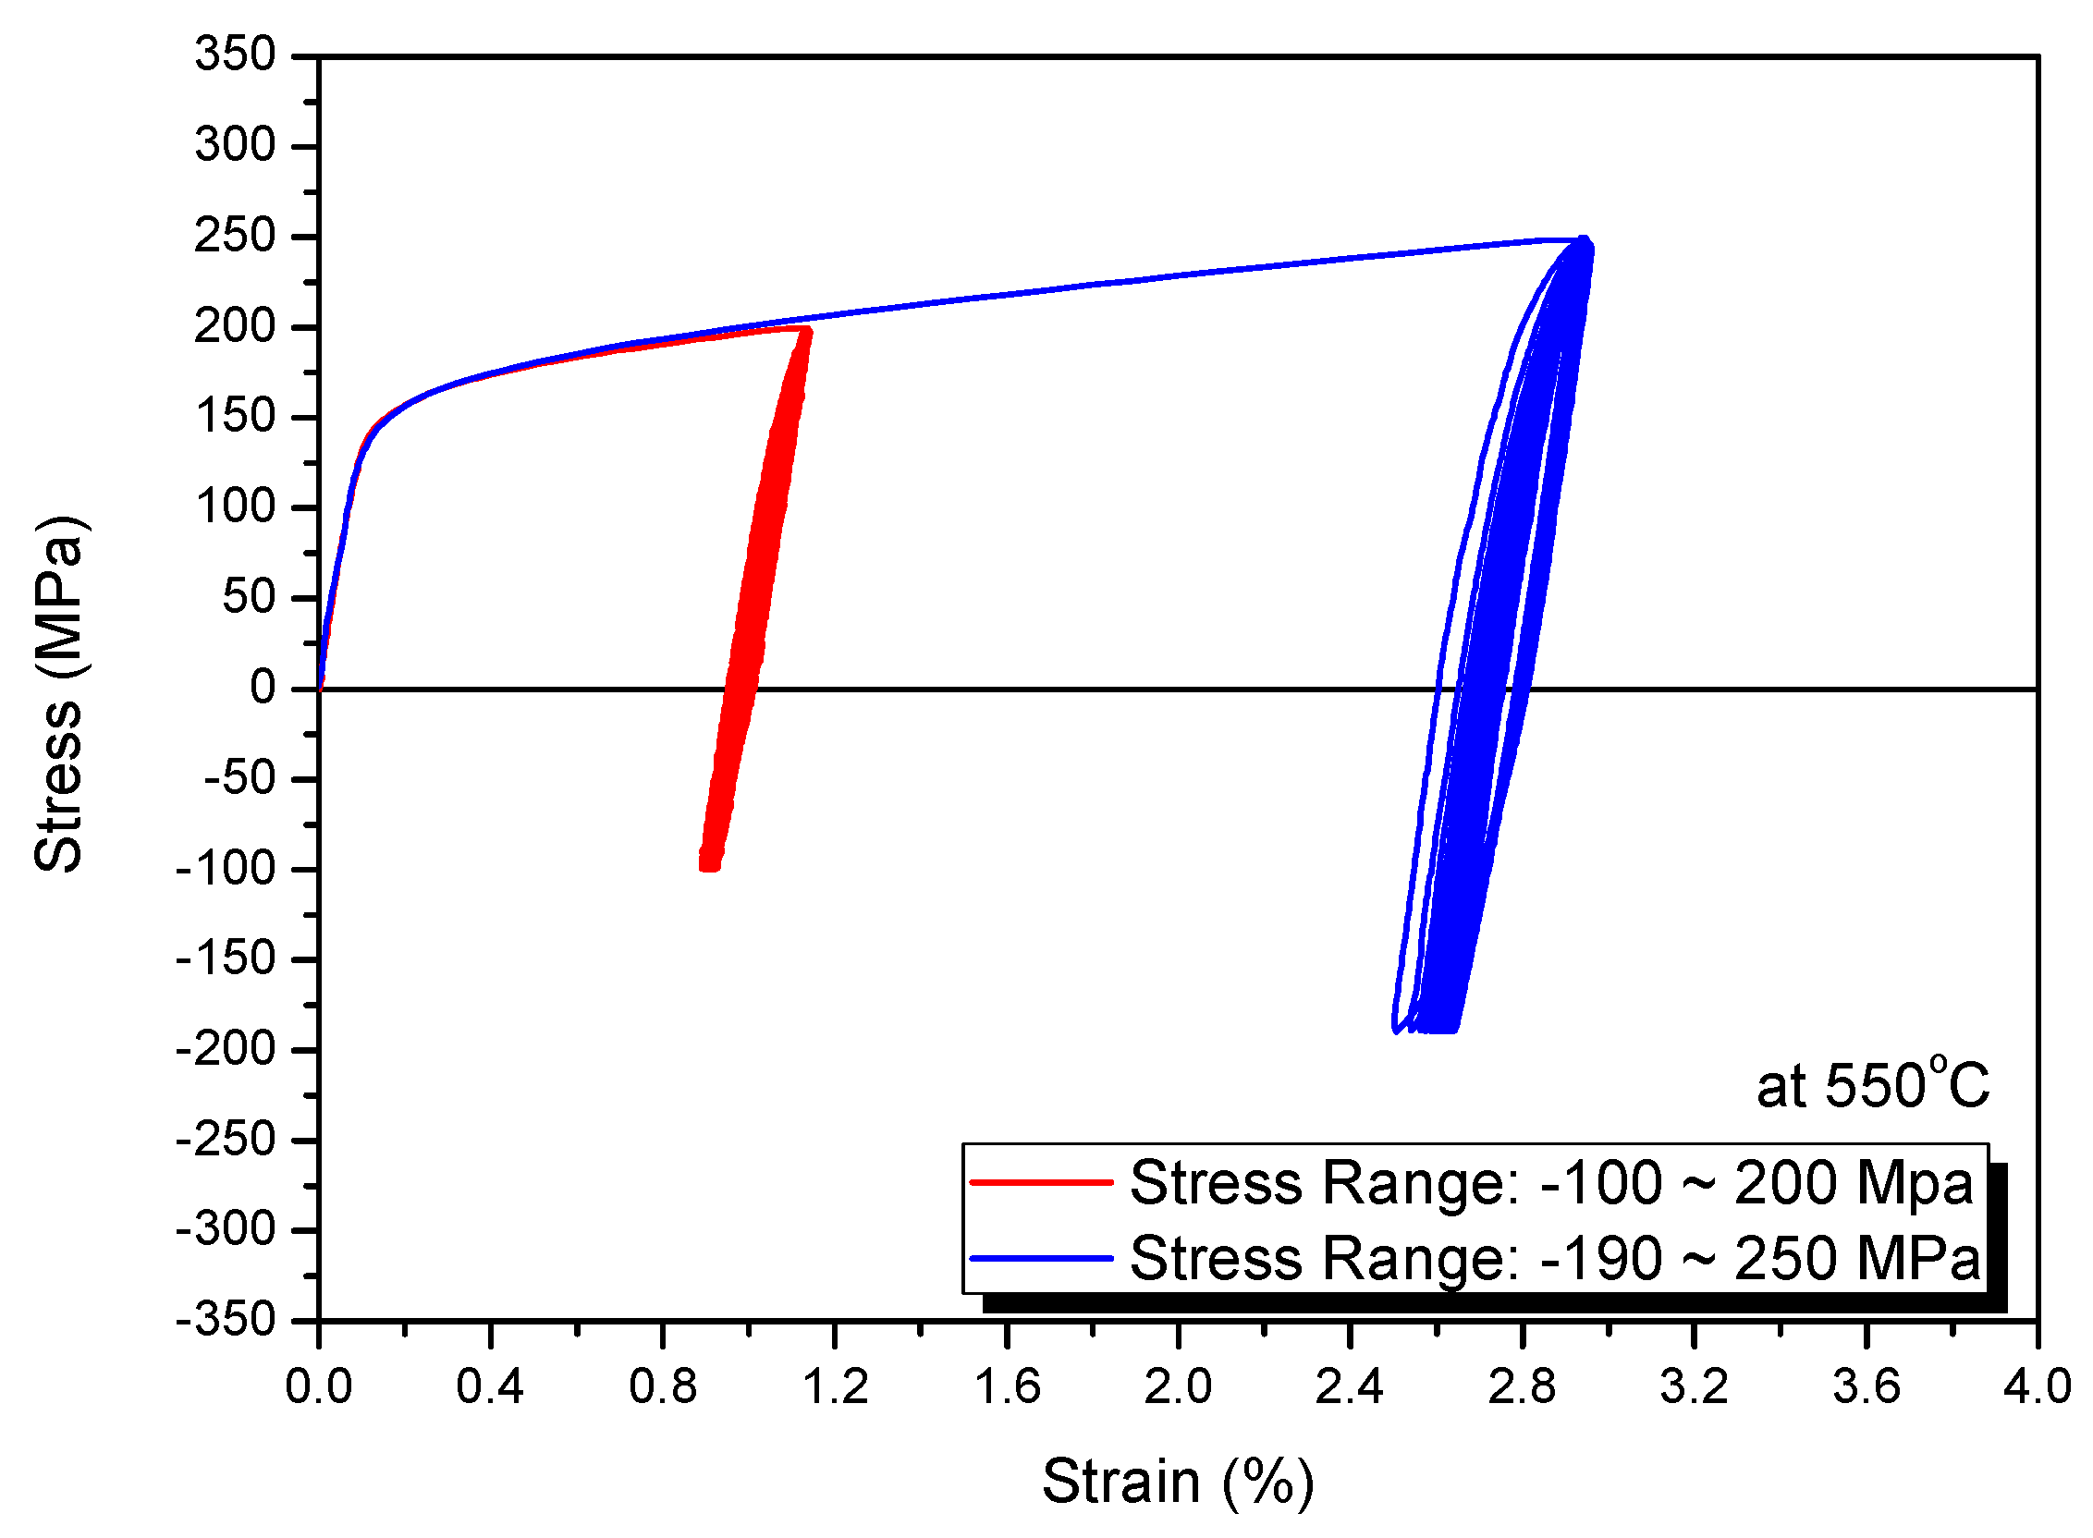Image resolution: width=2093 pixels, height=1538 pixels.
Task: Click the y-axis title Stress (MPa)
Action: pos(59,693)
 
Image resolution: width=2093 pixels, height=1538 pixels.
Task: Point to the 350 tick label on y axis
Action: pos(236,54)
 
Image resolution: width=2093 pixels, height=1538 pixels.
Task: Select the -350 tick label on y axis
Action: pos(226,1319)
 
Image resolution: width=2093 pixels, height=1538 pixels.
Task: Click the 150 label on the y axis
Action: pos(236,415)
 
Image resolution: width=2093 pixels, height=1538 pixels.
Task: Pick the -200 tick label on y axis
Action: pos(226,1048)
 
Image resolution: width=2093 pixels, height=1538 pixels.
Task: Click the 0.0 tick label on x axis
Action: pos(318,1386)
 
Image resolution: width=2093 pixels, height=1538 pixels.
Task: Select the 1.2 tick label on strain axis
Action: pos(834,1386)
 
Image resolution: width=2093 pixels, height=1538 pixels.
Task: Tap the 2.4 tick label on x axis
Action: pos(1349,1386)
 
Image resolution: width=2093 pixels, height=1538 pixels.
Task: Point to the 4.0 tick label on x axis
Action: pos(2037,1386)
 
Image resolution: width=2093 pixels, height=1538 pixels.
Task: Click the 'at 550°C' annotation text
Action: pos(1872,1084)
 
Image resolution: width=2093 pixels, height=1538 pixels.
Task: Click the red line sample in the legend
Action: pos(1041,1182)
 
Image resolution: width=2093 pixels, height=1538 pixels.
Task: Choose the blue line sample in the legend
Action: pos(1041,1258)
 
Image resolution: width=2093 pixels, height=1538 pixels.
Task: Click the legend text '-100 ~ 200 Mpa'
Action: pos(1756,1183)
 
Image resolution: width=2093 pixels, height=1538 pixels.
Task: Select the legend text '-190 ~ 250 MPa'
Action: pos(1759,1259)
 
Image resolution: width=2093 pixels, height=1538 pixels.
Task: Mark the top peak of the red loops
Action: pos(806,331)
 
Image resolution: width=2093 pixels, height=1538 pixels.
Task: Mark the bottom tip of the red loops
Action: pos(709,866)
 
